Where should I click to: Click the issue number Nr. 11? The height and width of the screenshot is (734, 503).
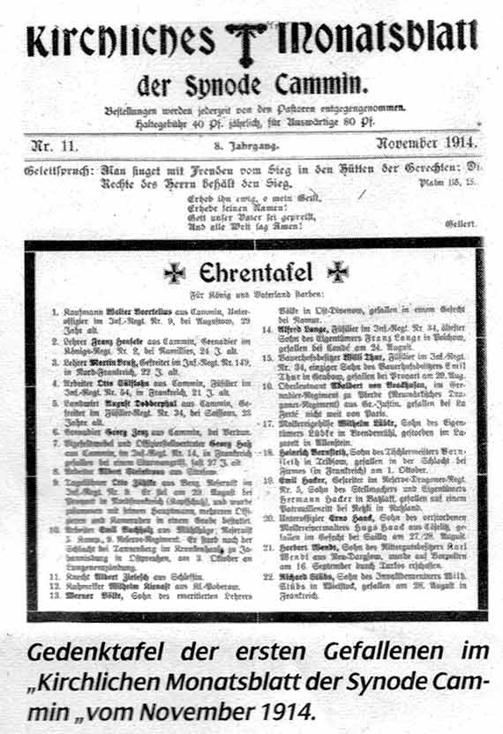(54, 144)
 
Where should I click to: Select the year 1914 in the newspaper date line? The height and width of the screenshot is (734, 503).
(454, 143)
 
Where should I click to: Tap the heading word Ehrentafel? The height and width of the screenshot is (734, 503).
(251, 273)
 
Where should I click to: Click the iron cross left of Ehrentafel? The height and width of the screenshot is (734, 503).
(175, 273)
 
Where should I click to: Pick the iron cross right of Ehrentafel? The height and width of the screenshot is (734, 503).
(337, 273)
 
